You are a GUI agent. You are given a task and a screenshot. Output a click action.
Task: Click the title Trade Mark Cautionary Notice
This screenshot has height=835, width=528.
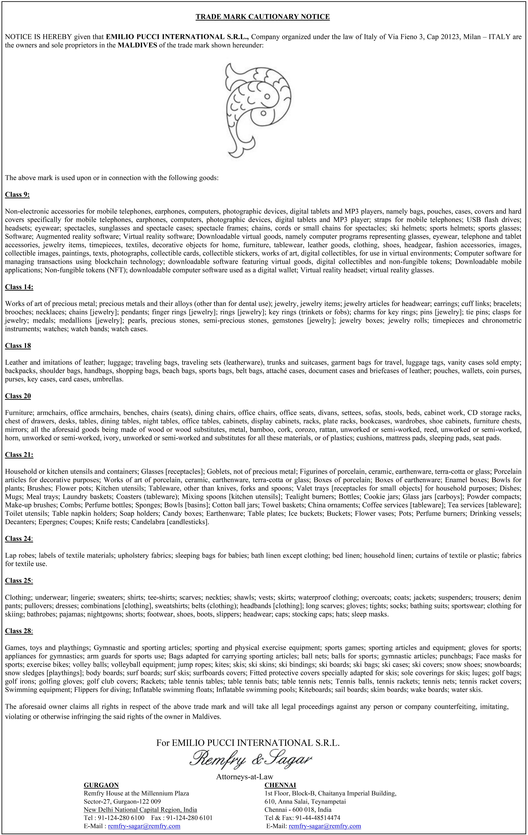tap(262, 17)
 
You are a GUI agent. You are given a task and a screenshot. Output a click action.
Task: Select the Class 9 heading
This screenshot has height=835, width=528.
tap(17, 195)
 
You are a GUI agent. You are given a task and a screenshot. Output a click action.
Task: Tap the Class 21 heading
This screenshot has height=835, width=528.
tap(19, 455)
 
